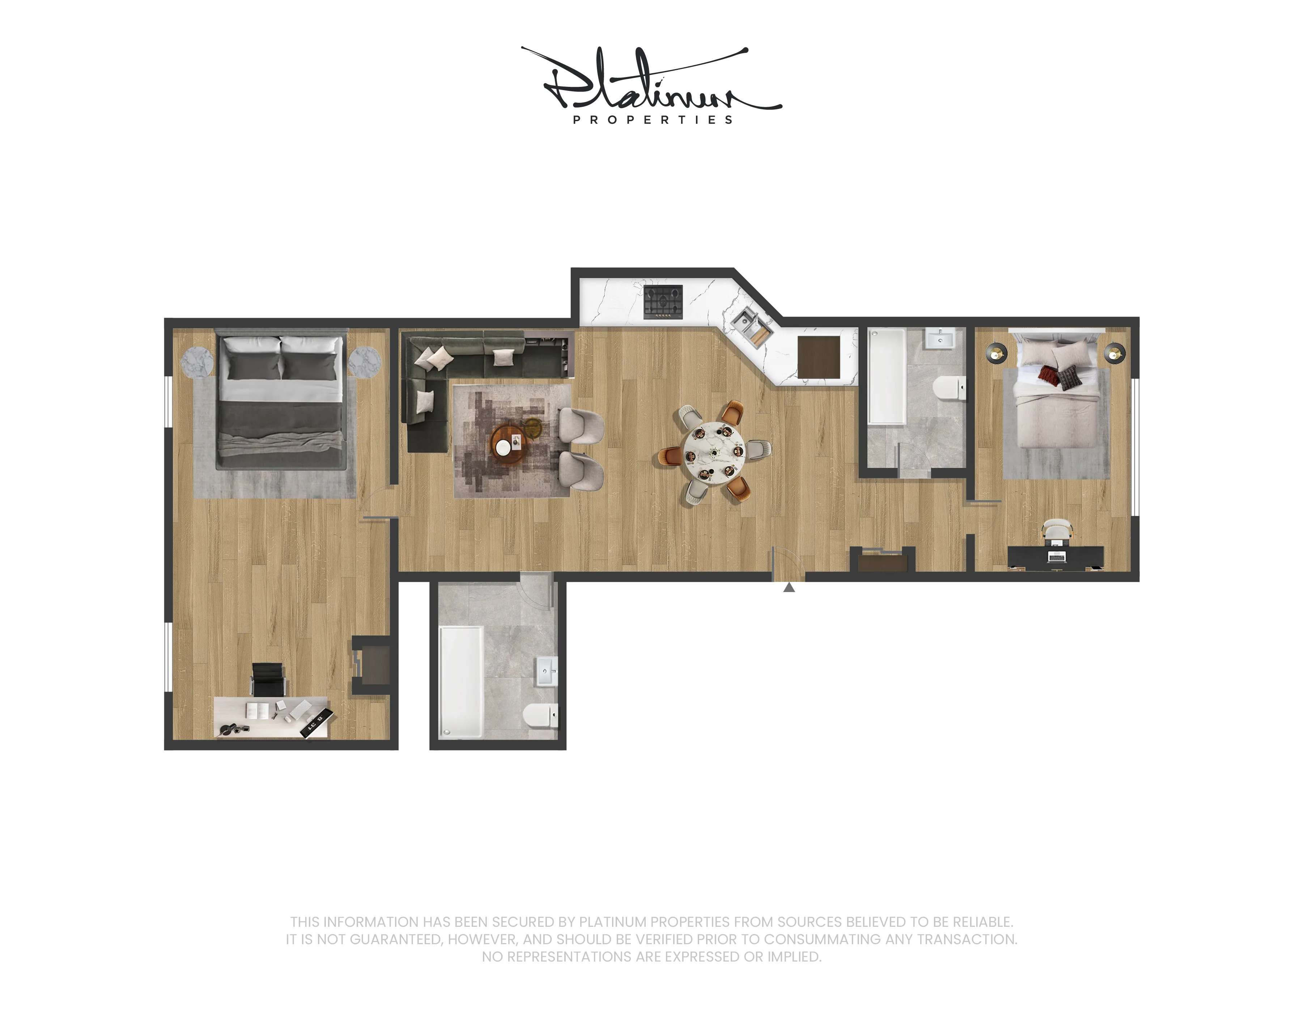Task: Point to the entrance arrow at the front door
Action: pos(789,588)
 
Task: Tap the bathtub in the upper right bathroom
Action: pos(887,376)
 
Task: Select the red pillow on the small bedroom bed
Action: pos(1049,375)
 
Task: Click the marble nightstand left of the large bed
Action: pos(196,362)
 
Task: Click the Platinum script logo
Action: pos(651,81)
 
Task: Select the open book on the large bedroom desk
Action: pos(257,710)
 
